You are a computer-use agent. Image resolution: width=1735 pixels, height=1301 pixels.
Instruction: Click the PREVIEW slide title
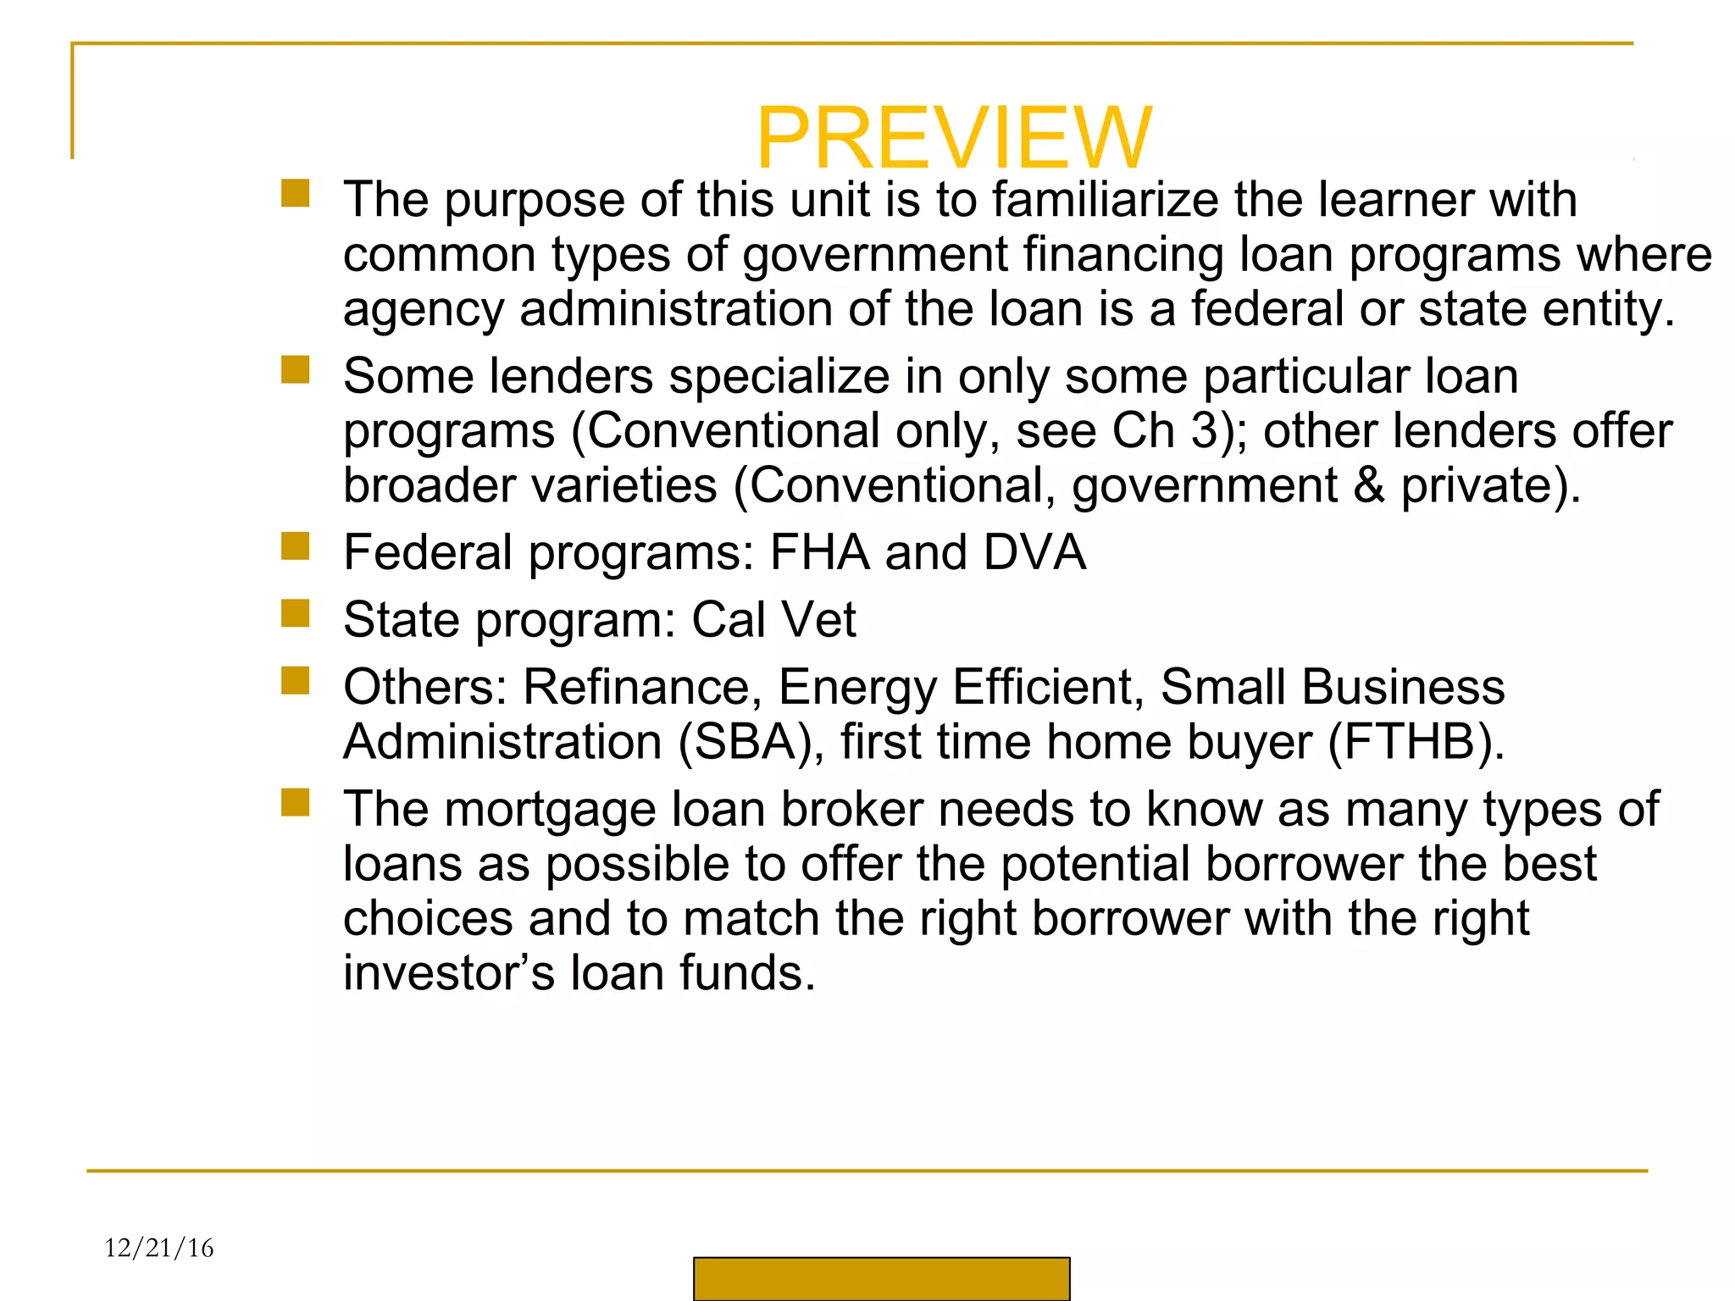953,138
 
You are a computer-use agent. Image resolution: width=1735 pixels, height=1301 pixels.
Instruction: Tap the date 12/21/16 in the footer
159,1248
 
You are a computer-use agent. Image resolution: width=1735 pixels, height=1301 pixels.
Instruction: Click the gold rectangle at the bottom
881,1278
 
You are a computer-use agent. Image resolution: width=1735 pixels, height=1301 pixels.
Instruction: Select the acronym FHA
819,553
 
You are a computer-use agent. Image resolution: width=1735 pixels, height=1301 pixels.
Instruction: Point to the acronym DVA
1034,553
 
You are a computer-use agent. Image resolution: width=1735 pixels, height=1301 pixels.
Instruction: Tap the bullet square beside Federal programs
296,546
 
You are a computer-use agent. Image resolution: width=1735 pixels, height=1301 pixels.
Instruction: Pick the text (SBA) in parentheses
751,742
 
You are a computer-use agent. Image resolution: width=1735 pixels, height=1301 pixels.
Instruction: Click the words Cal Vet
773,620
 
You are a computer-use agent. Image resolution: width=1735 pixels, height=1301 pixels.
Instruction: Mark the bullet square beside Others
296,680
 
